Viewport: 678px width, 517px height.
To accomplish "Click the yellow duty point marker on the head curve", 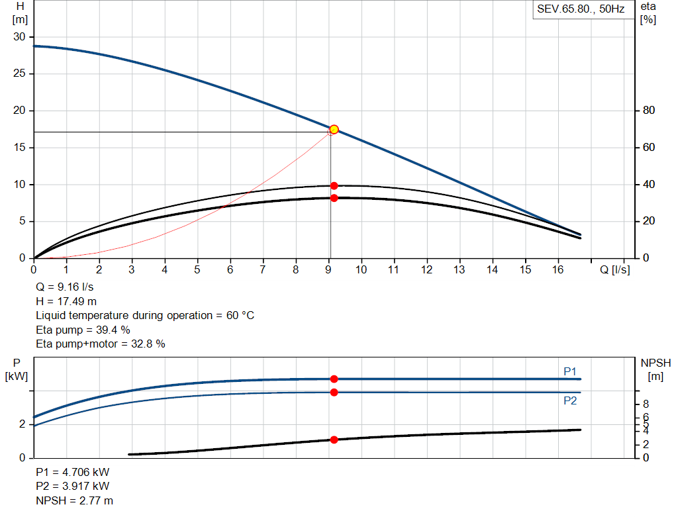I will (334, 129).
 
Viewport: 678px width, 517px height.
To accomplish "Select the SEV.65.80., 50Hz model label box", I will (581, 10).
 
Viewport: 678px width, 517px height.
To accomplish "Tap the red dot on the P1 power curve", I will (334, 379).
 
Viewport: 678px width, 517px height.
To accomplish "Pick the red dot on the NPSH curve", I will (334, 440).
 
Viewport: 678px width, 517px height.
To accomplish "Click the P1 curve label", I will (570, 371).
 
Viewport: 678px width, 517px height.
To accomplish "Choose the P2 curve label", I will (570, 401).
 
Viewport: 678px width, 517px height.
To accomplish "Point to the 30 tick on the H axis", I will (20, 37).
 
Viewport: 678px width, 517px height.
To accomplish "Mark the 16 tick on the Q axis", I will (558, 269).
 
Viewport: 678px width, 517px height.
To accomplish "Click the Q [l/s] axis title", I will (615, 269).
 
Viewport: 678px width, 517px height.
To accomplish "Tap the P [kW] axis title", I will (17, 369).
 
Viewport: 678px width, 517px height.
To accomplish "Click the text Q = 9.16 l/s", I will (65, 288).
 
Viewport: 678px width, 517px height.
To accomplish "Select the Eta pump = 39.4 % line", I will (83, 330).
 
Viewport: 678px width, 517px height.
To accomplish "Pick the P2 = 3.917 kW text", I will (73, 487).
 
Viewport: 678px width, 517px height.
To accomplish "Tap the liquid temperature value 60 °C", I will (236, 316).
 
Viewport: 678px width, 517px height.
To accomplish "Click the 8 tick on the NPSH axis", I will (646, 404).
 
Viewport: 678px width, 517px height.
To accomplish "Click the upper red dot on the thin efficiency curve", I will (334, 186).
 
